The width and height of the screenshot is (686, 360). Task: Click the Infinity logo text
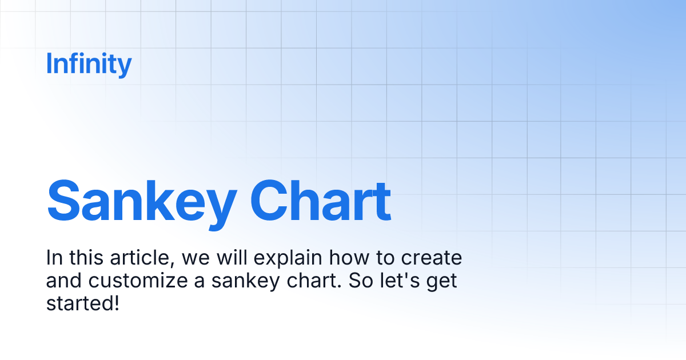point(89,64)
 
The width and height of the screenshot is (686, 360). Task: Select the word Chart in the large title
point(321,201)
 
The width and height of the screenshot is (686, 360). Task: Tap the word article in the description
point(142,258)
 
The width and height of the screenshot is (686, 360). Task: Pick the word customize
point(138,281)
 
